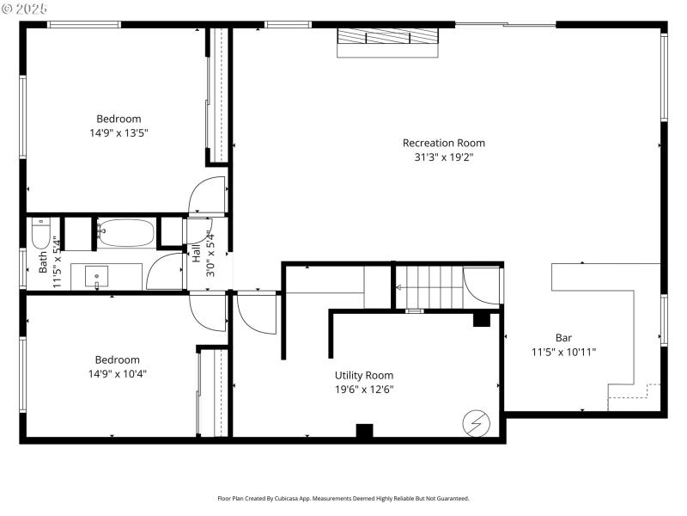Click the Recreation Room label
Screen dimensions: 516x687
tap(443, 143)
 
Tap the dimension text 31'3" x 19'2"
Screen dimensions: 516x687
tap(443, 157)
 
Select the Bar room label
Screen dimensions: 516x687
tap(563, 338)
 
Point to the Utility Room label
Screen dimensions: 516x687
tap(364, 375)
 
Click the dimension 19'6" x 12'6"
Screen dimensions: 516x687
tap(364, 389)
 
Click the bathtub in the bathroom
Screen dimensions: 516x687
tap(125, 232)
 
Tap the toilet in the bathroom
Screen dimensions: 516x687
tap(41, 233)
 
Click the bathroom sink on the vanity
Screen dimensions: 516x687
tap(97, 277)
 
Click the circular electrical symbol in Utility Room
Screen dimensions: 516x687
tap(474, 422)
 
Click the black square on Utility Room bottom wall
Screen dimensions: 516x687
tap(364, 432)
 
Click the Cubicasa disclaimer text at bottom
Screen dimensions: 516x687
tap(343, 498)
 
